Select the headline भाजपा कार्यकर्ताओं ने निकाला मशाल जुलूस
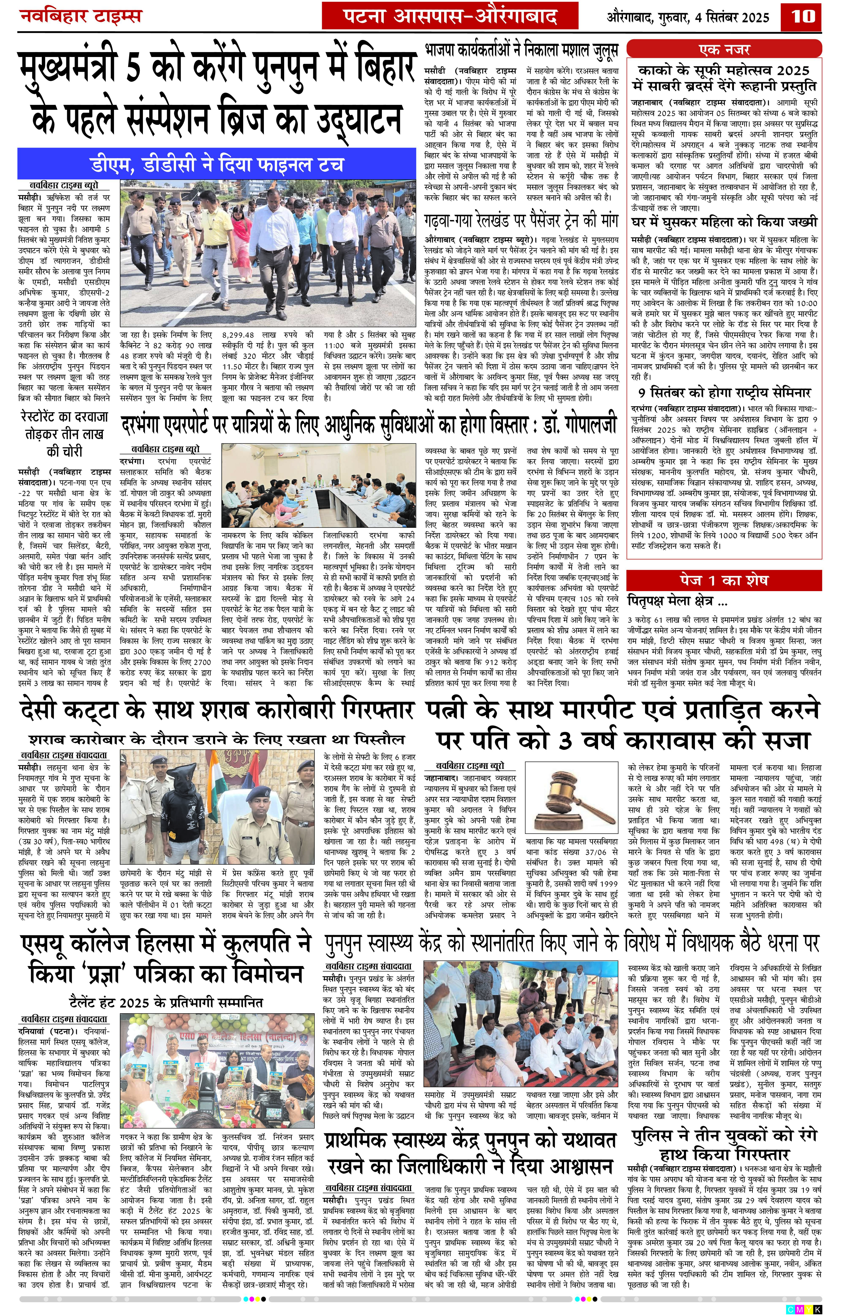pos(522,51)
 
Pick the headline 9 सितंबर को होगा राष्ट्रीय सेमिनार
pos(724,392)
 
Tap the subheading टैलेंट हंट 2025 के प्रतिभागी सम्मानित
pos(166,1003)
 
